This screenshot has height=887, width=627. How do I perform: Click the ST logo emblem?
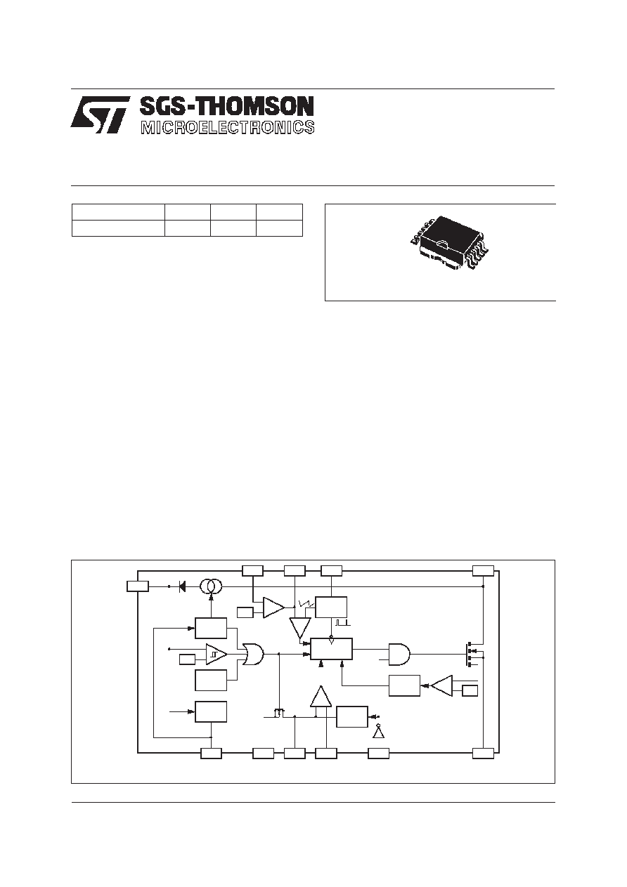click(100, 114)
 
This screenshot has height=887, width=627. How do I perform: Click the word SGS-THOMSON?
click(227, 107)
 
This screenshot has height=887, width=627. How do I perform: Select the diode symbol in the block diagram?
click(182, 586)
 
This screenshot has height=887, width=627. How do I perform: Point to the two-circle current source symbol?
click(211, 586)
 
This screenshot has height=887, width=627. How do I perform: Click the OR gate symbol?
click(252, 655)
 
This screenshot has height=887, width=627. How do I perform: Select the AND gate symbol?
click(399, 654)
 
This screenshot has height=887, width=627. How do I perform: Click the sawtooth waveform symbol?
click(306, 604)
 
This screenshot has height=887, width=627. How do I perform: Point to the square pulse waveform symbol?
click(343, 622)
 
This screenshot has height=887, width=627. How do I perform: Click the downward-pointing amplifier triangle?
click(299, 629)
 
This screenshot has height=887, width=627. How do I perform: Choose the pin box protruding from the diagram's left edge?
click(138, 586)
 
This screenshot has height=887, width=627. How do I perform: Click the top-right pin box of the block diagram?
click(483, 570)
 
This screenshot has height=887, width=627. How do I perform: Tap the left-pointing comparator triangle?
click(442, 685)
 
